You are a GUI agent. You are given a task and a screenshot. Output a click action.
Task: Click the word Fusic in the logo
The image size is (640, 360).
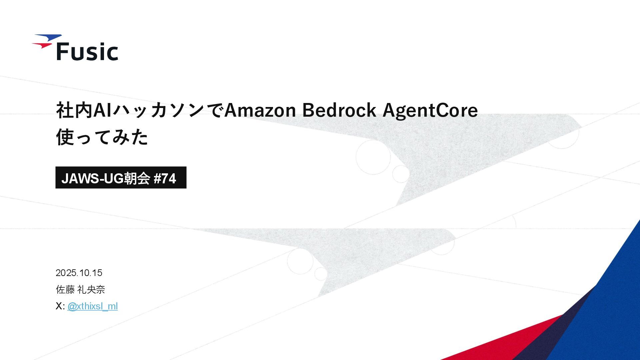pyautogui.click(x=87, y=52)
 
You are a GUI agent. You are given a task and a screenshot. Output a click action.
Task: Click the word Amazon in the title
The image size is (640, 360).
pyautogui.click(x=260, y=110)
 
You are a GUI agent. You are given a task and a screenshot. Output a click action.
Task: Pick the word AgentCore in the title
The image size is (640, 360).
pyautogui.click(x=430, y=110)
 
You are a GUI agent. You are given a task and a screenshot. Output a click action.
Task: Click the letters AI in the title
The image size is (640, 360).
pyautogui.click(x=102, y=110)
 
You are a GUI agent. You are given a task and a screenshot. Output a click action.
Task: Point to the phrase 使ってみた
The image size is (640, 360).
pyautogui.click(x=102, y=137)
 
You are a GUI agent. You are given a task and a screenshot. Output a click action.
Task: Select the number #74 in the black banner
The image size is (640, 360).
pyautogui.click(x=165, y=179)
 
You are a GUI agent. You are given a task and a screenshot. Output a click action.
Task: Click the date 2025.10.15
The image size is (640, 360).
pyautogui.click(x=79, y=273)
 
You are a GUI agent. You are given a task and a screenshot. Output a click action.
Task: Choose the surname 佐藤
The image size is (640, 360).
pyautogui.click(x=65, y=290)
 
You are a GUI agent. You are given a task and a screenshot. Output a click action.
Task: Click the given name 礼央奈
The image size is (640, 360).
pyautogui.click(x=91, y=290)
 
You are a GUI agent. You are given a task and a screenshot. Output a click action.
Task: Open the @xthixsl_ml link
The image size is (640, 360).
pyautogui.click(x=92, y=306)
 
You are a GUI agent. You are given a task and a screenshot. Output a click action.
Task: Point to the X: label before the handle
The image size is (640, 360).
pyautogui.click(x=60, y=306)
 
